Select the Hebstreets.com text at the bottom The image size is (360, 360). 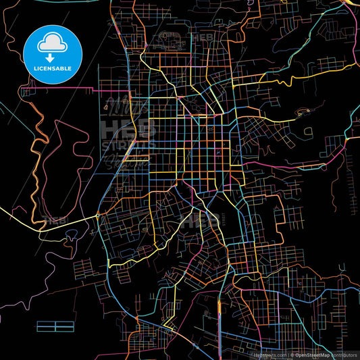pos(274,354)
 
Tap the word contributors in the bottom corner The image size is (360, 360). pos(345,354)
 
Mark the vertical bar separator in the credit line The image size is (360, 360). pos(289,354)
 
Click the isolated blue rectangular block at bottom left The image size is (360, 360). pos(55,327)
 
